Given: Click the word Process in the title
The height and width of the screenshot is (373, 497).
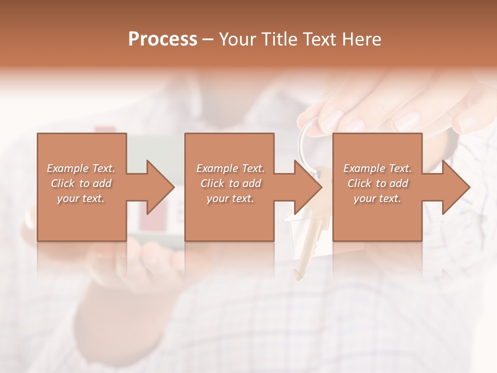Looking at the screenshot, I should click(x=163, y=39).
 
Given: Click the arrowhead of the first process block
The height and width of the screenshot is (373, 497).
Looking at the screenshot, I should click(x=160, y=187).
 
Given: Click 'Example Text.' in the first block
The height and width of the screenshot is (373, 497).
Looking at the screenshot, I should click(x=81, y=168).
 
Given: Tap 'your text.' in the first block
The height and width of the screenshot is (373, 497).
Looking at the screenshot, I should click(x=81, y=198).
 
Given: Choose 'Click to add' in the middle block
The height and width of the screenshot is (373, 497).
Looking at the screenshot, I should click(x=230, y=183).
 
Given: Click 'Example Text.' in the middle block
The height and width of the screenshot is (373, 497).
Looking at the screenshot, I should click(x=230, y=168).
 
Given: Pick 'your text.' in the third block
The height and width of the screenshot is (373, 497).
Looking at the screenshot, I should click(x=377, y=198).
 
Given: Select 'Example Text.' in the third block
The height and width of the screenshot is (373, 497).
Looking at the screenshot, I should click(x=377, y=168).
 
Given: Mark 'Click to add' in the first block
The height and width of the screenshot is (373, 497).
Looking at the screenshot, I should click(x=81, y=183).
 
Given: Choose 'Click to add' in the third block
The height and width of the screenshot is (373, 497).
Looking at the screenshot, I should click(x=377, y=183).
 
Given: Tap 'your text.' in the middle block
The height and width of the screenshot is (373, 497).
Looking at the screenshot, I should click(x=230, y=198).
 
